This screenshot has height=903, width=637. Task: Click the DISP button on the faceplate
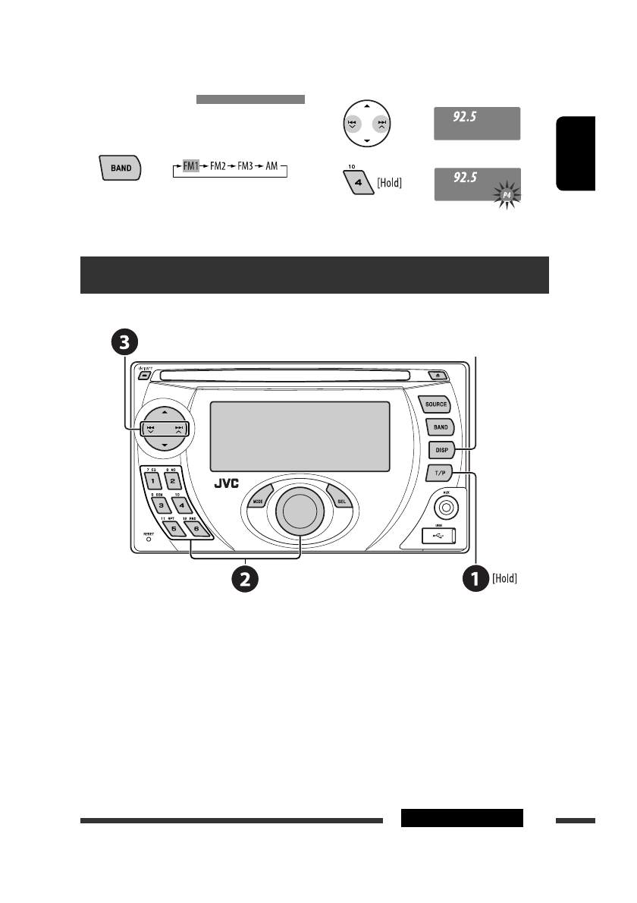tap(441, 449)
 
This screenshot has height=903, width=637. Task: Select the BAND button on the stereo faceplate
tap(438, 426)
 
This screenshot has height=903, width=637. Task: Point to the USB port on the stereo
tap(438, 536)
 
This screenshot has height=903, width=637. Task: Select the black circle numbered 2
tap(243, 580)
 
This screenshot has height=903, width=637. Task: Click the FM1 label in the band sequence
tap(190, 165)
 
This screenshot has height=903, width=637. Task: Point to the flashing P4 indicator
tap(507, 196)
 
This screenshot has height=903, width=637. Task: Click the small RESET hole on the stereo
tap(148, 540)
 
